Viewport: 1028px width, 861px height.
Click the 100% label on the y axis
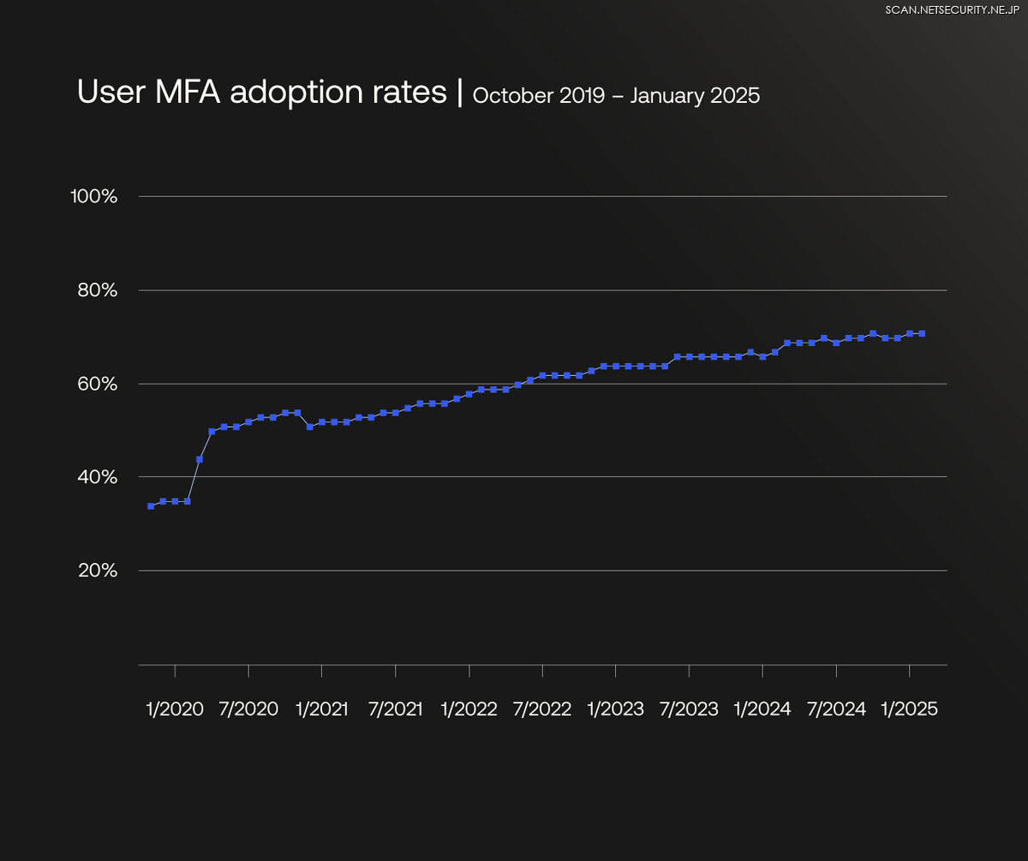[x=93, y=196]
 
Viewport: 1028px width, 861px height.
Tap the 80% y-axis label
[x=96, y=290]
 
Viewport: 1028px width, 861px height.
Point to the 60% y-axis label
[x=96, y=384]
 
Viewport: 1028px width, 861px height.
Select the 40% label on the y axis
[x=96, y=476]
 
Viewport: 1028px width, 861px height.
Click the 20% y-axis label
[x=96, y=570]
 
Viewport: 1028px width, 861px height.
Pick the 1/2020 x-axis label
[x=175, y=709]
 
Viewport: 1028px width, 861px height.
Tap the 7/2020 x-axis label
[x=248, y=709]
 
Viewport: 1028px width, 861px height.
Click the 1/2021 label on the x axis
[x=321, y=709]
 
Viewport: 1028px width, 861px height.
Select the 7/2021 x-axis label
[x=395, y=709]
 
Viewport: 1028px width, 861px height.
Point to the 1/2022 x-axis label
[x=469, y=709]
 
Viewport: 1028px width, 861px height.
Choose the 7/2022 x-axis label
[x=542, y=709]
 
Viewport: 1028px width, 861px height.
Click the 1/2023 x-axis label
[x=615, y=709]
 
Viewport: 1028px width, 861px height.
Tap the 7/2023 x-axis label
[x=689, y=709]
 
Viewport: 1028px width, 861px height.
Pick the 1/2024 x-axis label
[x=762, y=709]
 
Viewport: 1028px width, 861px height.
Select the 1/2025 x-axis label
[x=910, y=709]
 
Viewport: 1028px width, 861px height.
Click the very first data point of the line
[x=151, y=505]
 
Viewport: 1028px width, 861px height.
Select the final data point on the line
[x=922, y=333]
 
